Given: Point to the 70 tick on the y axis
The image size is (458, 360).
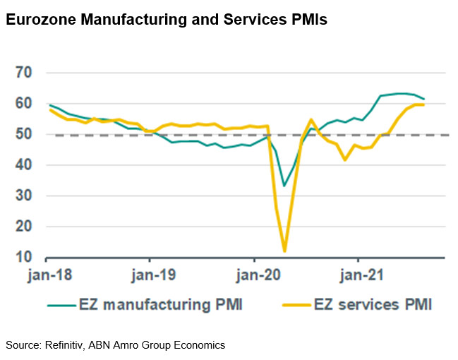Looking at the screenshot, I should coord(25,73).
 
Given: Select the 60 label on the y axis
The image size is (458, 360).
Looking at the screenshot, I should coord(25,104).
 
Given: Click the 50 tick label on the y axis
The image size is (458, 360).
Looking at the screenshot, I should coord(25,134).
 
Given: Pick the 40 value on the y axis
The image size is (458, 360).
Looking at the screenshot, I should coord(25,165).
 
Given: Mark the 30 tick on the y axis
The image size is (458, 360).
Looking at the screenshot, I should coord(25,196).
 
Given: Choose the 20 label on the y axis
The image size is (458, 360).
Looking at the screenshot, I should coord(25,227).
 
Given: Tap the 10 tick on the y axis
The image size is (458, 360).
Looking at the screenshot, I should coord(25,258).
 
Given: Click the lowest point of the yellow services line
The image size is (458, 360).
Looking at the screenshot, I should coord(284,251).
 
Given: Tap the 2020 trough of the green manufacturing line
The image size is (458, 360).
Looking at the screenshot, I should coord(284,186).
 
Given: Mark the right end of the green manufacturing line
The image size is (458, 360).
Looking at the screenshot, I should coord(424,99).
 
